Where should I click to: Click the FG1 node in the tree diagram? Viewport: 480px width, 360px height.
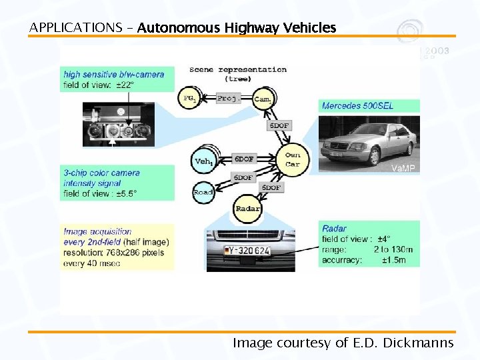[x=189, y=99]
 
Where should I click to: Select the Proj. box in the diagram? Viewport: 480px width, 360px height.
[x=228, y=98]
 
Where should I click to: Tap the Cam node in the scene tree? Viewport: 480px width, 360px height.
[x=263, y=99]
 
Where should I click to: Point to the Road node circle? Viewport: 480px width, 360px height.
[x=203, y=192]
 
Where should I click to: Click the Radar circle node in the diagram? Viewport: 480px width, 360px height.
[x=247, y=209]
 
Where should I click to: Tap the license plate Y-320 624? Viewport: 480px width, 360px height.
[x=246, y=251]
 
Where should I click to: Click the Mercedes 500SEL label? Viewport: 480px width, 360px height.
[x=357, y=106]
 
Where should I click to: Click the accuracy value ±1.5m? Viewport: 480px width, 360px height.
[x=393, y=260]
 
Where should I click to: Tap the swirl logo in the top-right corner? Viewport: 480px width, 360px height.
[x=410, y=31]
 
